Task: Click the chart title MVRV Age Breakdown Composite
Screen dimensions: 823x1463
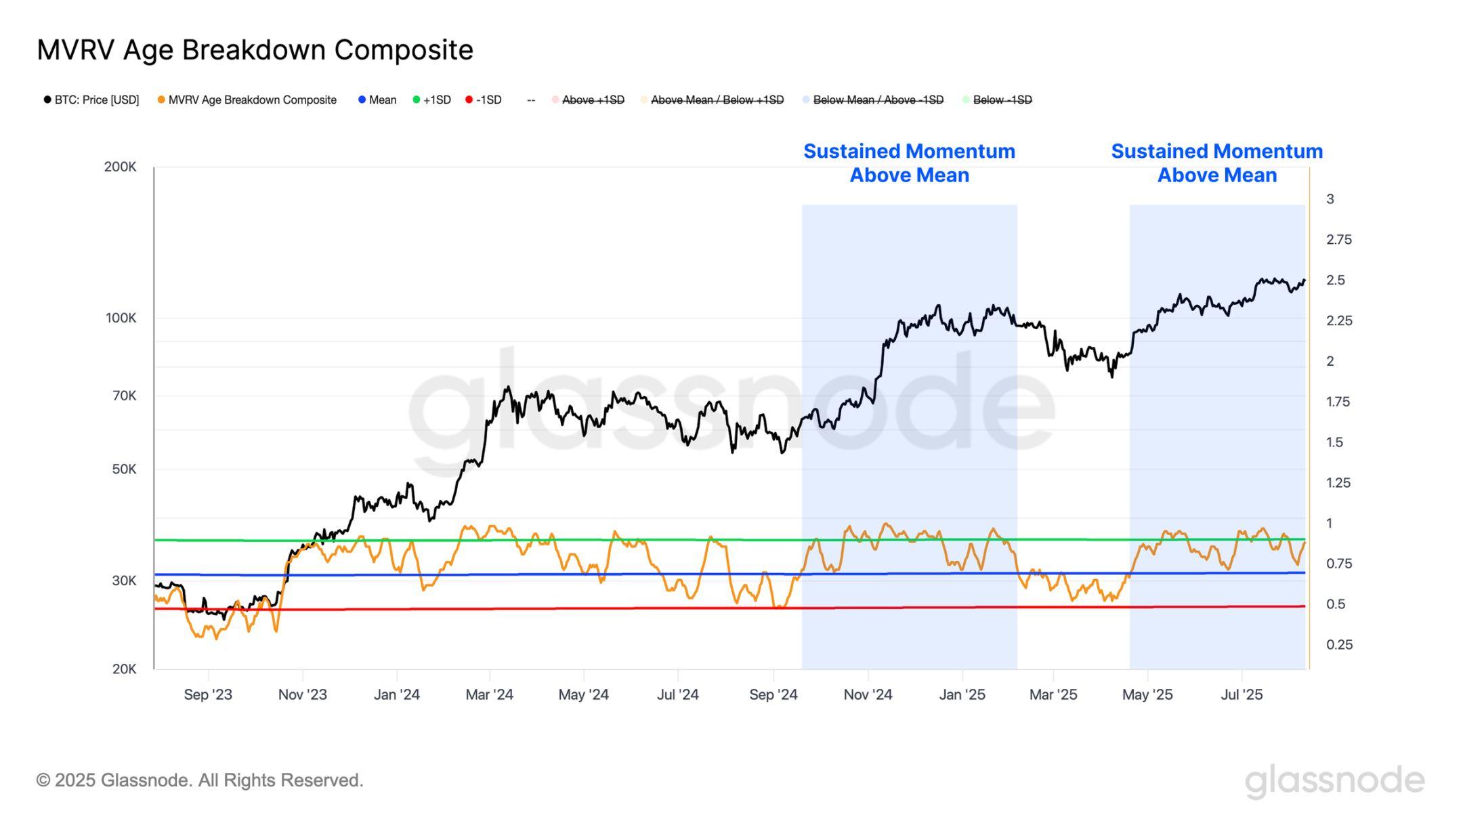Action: [255, 50]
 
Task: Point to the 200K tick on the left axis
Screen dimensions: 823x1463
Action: [121, 167]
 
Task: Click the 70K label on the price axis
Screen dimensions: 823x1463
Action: [124, 396]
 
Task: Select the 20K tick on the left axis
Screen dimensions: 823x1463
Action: [124, 669]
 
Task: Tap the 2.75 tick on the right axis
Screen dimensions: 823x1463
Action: [1338, 240]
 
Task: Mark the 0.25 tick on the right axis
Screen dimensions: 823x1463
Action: [1338, 645]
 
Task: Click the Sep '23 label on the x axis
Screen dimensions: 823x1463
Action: [208, 695]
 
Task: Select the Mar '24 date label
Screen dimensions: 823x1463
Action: [489, 695]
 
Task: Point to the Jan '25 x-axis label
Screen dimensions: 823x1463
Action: [962, 695]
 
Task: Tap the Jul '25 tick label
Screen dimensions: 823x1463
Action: [1242, 695]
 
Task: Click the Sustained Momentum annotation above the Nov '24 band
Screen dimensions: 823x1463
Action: [909, 163]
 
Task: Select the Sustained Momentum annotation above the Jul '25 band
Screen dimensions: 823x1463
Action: [1216, 163]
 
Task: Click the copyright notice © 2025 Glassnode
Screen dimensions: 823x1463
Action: [200, 780]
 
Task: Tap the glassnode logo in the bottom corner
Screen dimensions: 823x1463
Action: [1334, 781]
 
